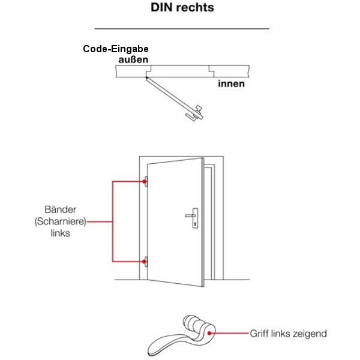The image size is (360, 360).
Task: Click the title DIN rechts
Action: click(x=181, y=8)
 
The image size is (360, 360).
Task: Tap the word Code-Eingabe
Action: click(x=116, y=49)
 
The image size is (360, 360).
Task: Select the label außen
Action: click(x=132, y=60)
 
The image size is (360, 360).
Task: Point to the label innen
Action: click(x=231, y=83)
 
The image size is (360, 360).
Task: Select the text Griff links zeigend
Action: click(x=289, y=333)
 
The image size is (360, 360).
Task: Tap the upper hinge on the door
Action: click(x=146, y=181)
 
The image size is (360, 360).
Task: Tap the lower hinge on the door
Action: click(x=146, y=261)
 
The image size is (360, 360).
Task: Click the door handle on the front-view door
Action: click(x=193, y=215)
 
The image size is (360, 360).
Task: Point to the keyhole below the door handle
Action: click(x=194, y=225)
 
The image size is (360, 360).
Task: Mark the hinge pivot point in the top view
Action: click(x=146, y=77)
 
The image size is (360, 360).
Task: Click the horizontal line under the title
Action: click(x=181, y=29)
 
